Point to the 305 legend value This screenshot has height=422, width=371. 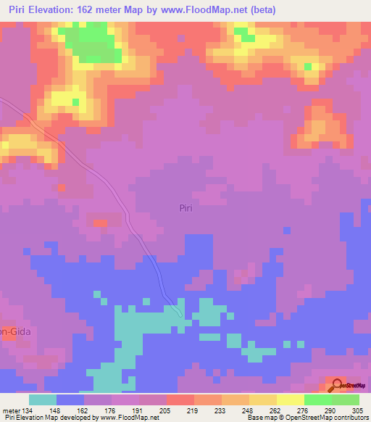357,410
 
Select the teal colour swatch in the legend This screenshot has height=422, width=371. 43,400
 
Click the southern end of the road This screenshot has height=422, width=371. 180,316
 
